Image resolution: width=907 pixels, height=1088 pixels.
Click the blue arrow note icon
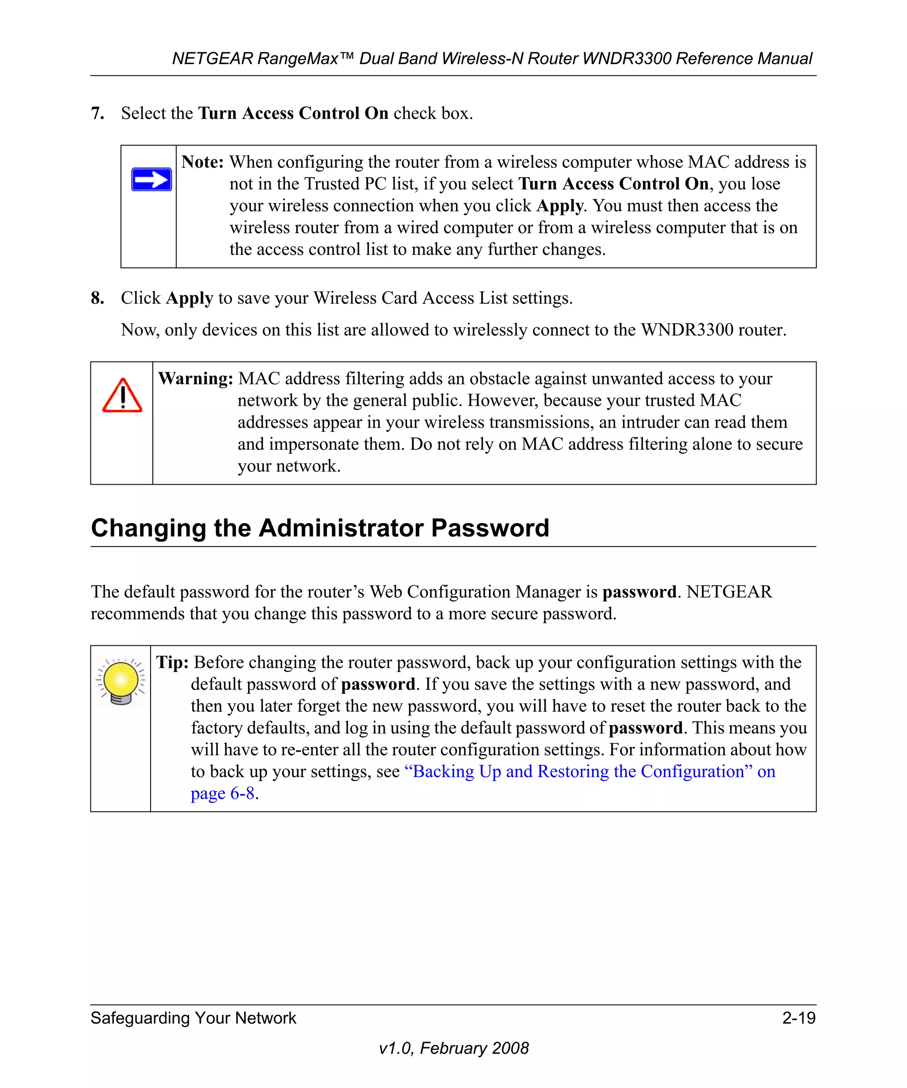pyautogui.click(x=151, y=180)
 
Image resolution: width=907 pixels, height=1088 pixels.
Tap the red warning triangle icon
pyautogui.click(x=122, y=396)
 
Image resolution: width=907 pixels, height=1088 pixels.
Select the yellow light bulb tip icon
pyautogui.click(x=121, y=681)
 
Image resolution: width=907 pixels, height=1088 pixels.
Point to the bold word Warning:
pyautogui.click(x=195, y=379)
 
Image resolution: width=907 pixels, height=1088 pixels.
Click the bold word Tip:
pyautogui.click(x=172, y=663)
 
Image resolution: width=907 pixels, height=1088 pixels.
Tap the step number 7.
pyautogui.click(x=97, y=113)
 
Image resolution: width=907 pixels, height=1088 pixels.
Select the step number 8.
pyautogui.click(x=97, y=298)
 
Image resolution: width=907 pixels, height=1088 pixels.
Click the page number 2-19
pyautogui.click(x=798, y=1018)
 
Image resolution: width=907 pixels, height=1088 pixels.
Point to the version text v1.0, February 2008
pyautogui.click(x=453, y=1048)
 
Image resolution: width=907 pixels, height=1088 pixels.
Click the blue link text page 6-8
pyautogui.click(x=222, y=793)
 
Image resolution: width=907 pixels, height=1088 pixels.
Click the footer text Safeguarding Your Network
pyautogui.click(x=194, y=1018)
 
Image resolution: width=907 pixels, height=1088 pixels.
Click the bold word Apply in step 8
pyautogui.click(x=189, y=298)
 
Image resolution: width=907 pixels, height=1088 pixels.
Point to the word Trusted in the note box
pyautogui.click(x=331, y=184)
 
